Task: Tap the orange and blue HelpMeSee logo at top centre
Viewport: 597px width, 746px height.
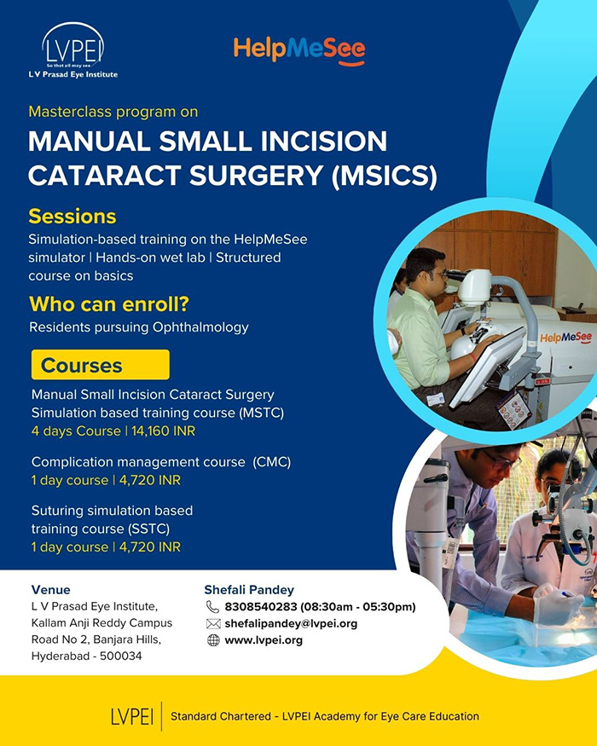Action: (299, 51)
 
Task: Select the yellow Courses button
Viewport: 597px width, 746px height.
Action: (101, 365)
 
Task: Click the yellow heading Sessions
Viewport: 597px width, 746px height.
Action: (72, 217)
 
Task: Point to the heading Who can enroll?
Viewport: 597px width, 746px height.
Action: (109, 304)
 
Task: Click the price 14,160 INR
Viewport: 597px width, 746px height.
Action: (163, 431)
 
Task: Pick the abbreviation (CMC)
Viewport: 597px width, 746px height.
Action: (272, 462)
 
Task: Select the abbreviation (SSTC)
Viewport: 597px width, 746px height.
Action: (148, 529)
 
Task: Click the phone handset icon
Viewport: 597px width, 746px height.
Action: (212, 606)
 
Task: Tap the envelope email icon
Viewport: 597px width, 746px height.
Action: (213, 624)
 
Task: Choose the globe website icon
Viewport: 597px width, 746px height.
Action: (213, 640)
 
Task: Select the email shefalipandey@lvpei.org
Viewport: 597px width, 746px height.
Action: (291, 624)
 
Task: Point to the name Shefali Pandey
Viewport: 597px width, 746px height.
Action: (249, 590)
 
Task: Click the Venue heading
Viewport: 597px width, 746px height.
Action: (51, 590)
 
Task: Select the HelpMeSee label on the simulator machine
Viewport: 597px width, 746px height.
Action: (565, 338)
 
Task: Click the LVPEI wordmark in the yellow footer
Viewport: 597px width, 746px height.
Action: (132, 716)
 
